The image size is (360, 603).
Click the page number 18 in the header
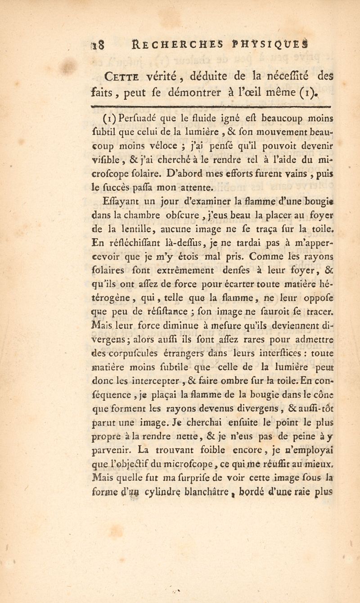pyautogui.click(x=99, y=44)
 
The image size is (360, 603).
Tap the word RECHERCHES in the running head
pyautogui.click(x=171, y=44)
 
